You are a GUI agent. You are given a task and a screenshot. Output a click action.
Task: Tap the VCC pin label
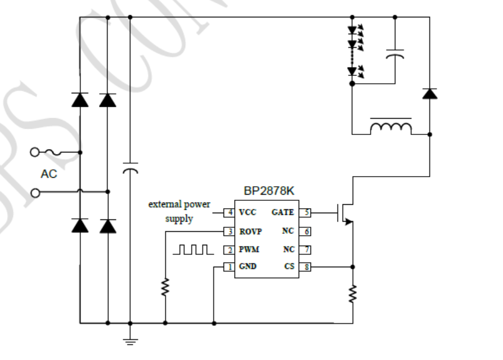248,213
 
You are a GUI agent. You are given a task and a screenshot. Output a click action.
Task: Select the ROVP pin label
251,231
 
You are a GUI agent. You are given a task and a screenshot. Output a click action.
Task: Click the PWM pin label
249,249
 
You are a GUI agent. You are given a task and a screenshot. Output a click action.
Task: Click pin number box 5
304,213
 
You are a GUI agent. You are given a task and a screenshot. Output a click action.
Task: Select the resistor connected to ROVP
165,288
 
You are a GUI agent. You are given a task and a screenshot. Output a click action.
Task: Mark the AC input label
49,174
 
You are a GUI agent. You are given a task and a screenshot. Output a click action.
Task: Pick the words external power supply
179,211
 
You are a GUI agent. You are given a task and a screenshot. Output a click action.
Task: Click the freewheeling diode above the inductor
430,93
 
